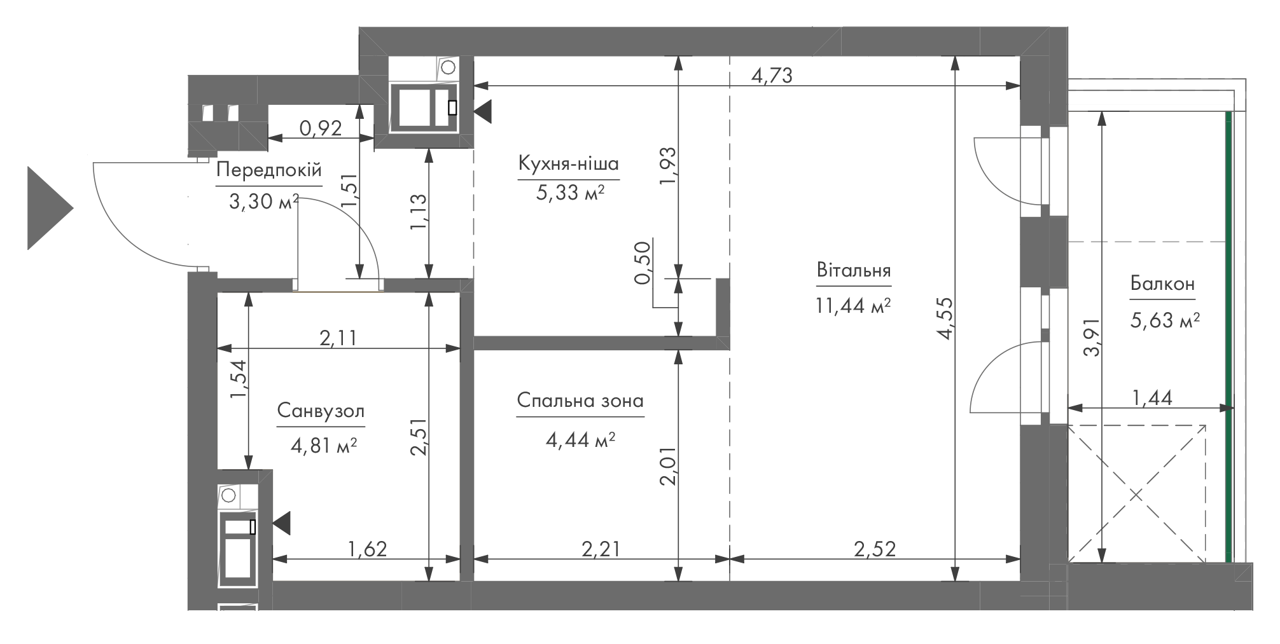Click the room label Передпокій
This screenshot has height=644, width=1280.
(x=269, y=170)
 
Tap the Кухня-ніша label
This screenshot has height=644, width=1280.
(x=568, y=164)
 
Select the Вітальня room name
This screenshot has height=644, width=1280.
(x=853, y=270)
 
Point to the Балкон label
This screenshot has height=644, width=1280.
(x=1162, y=284)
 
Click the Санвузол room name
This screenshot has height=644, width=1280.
(x=321, y=411)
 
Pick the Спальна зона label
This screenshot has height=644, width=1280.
(x=580, y=401)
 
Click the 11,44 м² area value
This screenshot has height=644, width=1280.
(x=852, y=306)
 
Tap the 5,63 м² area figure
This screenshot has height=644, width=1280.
(x=1164, y=320)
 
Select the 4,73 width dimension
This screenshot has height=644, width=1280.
(x=772, y=76)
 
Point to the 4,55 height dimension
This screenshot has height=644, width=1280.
(x=944, y=319)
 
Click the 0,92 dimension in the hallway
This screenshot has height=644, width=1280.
(x=321, y=129)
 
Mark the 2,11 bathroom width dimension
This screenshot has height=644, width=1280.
(x=338, y=338)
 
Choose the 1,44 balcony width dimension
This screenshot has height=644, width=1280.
(x=1152, y=399)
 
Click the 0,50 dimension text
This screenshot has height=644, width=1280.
(x=643, y=262)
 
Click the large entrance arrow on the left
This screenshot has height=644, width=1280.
(x=50, y=208)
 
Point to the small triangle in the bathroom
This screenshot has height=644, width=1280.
(x=281, y=523)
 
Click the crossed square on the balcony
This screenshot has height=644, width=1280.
(x=1137, y=494)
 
